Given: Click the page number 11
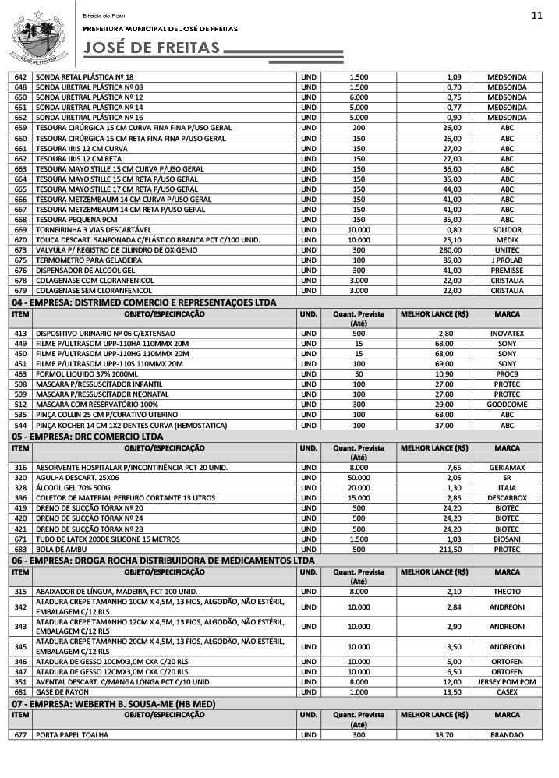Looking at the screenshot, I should coord(536,16).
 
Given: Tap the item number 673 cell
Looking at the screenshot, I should coord(21,249).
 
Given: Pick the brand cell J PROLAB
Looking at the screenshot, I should coord(507,260).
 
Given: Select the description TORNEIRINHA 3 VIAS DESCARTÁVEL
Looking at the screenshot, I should coord(94,229).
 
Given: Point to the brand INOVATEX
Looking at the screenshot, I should coord(507,333).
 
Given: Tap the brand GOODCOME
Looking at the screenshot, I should coord(507,405).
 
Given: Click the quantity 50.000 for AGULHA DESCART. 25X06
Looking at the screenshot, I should coord(359,476).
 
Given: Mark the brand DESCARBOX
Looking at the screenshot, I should coord(507,497).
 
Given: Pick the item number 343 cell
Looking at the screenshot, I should coord(21,627).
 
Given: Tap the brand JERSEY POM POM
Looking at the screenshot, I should coord(507,681).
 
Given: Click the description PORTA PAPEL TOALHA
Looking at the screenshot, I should coord(73,735).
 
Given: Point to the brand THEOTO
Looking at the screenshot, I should coord(507,591).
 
